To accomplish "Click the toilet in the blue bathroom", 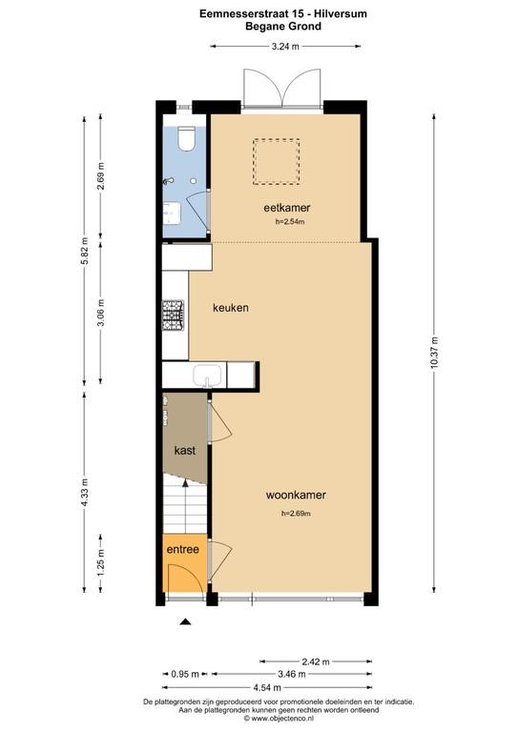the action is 187,138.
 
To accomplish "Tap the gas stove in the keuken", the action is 173,315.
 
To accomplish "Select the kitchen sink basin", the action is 207,376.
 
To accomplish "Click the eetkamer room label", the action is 287,208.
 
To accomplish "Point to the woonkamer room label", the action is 296,495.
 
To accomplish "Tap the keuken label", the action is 231,308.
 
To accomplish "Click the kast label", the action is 185,451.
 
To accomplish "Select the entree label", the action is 182,549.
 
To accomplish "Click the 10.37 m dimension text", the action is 434,353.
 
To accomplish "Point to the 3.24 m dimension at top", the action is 285,46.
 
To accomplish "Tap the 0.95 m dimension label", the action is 185,674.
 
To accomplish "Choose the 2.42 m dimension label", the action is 316,661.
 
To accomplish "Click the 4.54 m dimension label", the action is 267,687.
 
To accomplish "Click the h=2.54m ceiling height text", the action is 290,222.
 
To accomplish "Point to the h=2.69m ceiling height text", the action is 296,514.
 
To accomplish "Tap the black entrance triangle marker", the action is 186,621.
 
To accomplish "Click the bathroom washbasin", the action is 172,213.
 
